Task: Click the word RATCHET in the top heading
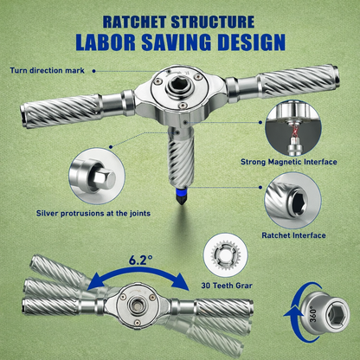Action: click(x=134, y=22)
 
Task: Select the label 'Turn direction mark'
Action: click(x=47, y=70)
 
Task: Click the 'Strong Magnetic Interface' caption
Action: click(x=289, y=162)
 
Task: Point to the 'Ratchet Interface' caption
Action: click(x=293, y=235)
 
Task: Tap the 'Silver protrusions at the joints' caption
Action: click(x=93, y=214)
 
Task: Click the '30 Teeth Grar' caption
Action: click(x=227, y=286)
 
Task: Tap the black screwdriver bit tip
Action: click(x=181, y=199)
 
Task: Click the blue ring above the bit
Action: click(x=181, y=190)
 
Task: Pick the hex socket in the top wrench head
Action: click(x=176, y=87)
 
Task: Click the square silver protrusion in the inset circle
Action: click(x=104, y=177)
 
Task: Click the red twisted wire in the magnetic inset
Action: click(x=294, y=132)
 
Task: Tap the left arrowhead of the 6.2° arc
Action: click(x=94, y=282)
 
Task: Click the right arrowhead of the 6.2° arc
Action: click(x=181, y=281)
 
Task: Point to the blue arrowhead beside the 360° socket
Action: click(x=291, y=314)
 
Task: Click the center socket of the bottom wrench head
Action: click(x=136, y=305)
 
